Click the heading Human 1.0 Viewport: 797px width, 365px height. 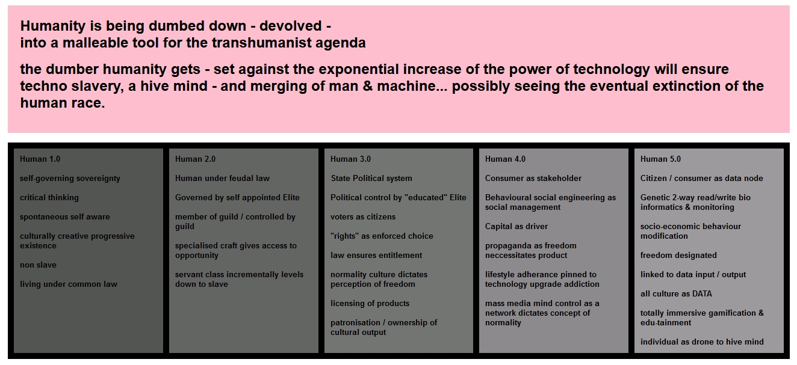point(40,159)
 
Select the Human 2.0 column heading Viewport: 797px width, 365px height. point(195,159)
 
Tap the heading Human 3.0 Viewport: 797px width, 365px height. point(350,159)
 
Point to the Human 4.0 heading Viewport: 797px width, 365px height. point(505,159)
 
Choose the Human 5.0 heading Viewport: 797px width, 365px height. point(660,159)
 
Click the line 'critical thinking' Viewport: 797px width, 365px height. point(49,198)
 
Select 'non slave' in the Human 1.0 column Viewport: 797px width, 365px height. point(38,265)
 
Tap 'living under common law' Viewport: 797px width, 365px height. point(68,284)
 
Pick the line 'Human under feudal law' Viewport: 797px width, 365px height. point(222,178)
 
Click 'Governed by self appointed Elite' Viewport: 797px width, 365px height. point(237,198)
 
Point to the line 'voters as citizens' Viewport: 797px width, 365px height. point(363,217)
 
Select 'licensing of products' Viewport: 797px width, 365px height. point(370,304)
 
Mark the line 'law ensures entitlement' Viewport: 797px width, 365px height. point(376,255)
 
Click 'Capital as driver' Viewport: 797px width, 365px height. point(516,226)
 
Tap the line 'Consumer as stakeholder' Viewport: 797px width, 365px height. point(533,178)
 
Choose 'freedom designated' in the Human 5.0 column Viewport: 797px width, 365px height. point(678,255)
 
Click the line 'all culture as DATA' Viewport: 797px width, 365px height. point(676,294)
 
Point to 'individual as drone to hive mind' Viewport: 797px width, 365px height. point(702,342)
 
